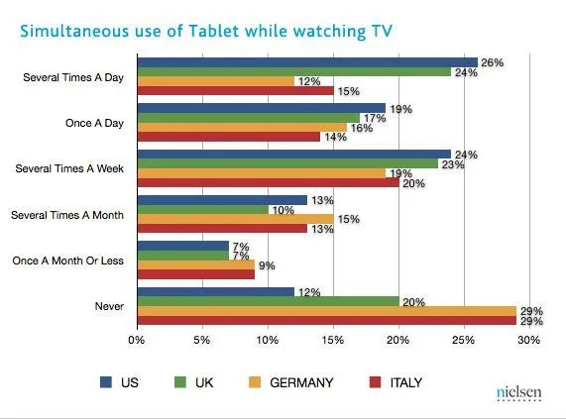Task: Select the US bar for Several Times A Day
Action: (306, 62)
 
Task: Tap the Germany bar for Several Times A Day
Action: (215, 81)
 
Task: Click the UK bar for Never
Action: (268, 301)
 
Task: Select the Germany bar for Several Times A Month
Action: (235, 218)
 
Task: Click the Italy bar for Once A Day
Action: (228, 136)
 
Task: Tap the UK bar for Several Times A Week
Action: (286, 163)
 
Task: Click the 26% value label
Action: (492, 61)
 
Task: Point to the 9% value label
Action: (267, 265)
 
